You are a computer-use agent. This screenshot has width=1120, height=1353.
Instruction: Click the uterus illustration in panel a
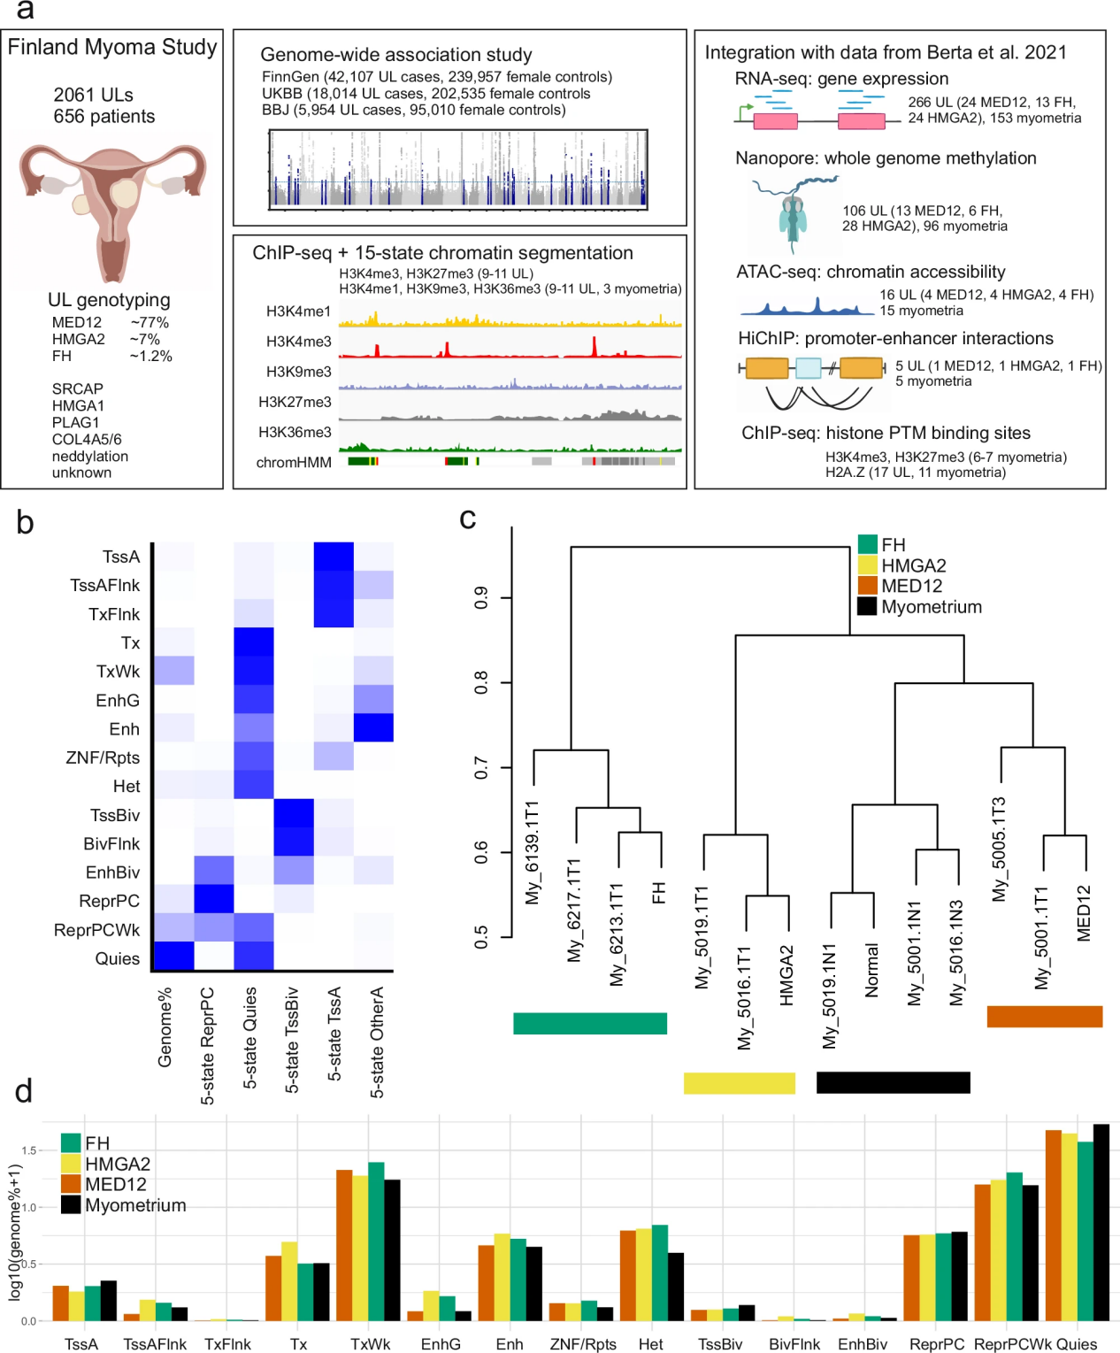112,209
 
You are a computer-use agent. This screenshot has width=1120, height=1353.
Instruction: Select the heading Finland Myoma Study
112,47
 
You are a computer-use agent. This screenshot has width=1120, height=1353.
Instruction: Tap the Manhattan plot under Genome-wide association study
458,170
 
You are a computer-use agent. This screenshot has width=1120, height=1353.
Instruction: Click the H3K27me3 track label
295,402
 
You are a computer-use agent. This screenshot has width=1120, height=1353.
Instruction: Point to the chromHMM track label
294,462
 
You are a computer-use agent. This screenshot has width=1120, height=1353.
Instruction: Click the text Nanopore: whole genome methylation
886,158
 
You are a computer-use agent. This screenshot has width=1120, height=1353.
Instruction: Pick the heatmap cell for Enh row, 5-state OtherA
373,727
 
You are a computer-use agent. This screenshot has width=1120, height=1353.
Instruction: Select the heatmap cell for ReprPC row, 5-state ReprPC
213,898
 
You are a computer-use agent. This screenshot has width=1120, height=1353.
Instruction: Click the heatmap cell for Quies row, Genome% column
173,956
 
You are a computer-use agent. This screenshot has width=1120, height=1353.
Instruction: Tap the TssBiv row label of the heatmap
114,815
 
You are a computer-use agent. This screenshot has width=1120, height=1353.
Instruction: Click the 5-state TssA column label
334,1034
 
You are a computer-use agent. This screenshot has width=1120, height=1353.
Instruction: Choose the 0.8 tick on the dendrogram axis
481,682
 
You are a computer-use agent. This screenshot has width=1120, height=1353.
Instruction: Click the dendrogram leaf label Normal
872,970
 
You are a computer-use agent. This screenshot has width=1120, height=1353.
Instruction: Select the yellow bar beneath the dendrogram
739,1083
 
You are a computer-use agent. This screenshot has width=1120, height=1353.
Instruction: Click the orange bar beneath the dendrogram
1044,1017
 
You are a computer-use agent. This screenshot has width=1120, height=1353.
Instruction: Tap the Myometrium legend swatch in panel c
867,607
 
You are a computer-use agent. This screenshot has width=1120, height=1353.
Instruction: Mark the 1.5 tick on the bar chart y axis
29,1150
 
